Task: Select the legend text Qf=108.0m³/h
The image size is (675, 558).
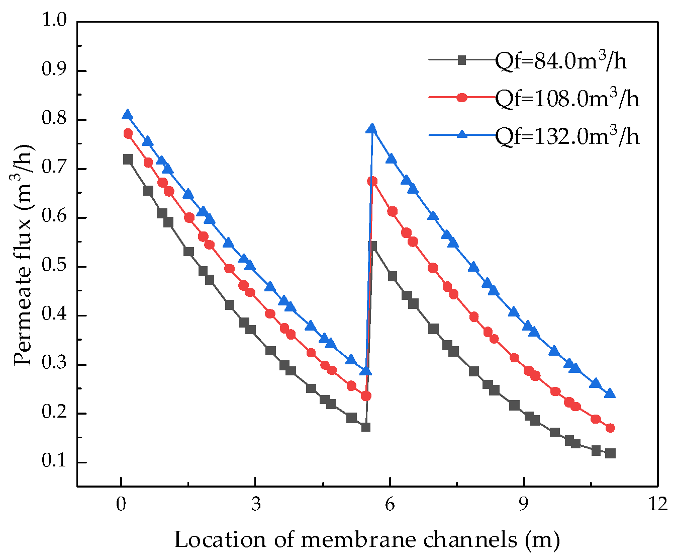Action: [567, 98]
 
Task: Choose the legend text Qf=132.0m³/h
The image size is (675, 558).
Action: [567, 135]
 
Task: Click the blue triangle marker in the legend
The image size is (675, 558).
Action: [461, 134]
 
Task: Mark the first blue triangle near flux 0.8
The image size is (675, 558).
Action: [128, 115]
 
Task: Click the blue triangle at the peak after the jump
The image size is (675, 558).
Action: [372, 129]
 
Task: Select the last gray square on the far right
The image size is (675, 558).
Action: [610, 453]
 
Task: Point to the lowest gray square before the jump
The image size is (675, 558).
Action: [365, 427]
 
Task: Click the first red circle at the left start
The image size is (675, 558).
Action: [128, 134]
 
